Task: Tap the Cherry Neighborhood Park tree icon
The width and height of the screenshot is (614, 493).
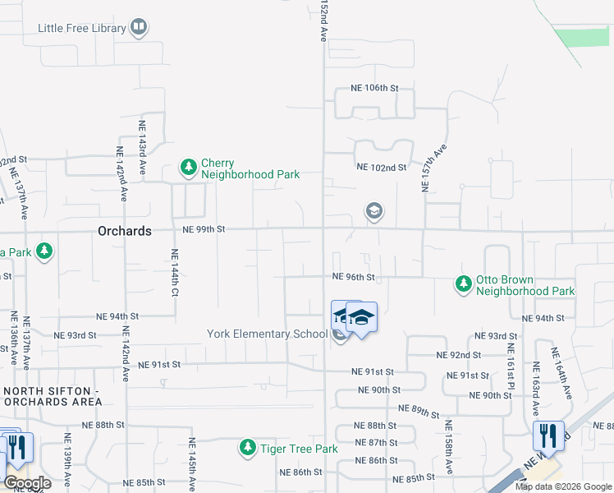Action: [x=189, y=168]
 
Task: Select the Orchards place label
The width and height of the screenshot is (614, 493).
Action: [x=124, y=231]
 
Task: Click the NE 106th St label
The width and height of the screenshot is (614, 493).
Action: [x=373, y=88]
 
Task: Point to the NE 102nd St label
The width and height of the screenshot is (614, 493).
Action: [x=382, y=167]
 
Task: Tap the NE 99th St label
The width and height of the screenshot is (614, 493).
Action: [x=204, y=229]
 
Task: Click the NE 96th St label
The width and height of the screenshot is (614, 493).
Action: [x=353, y=278]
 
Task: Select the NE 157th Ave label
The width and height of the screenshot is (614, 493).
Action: [x=433, y=168]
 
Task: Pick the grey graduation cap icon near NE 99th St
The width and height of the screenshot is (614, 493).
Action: [x=373, y=212]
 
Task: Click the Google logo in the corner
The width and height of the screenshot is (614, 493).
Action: [x=26, y=483]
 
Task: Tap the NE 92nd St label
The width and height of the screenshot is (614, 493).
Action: [x=458, y=355]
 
